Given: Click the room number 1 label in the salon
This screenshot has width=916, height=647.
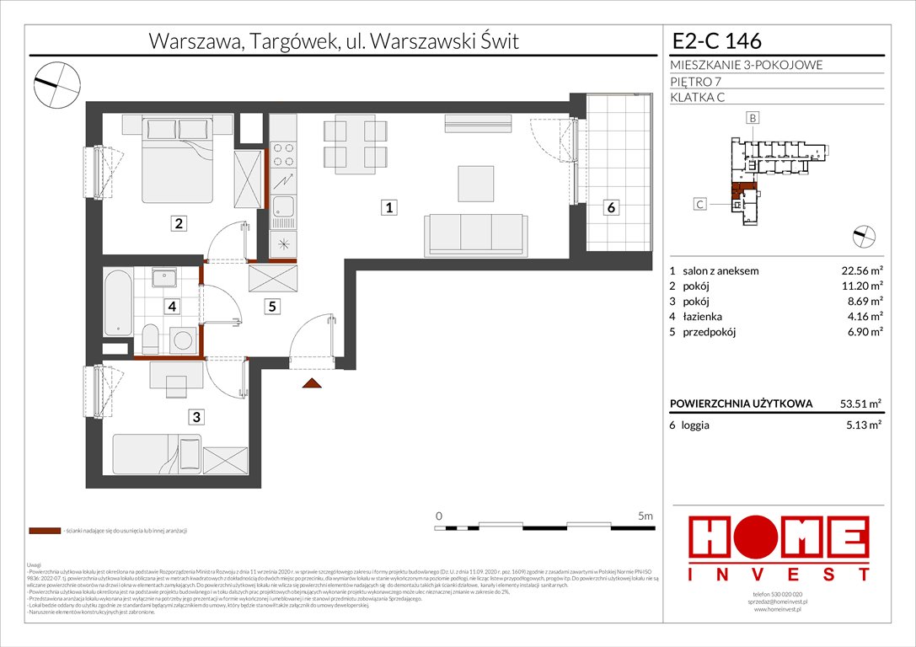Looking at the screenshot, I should coord(388,207).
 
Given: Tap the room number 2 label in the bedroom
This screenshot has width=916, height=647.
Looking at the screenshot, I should coord(178,223).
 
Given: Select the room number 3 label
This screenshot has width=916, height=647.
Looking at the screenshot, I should coord(196,415).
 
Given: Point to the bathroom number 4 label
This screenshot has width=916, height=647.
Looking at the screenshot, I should coord(172,307).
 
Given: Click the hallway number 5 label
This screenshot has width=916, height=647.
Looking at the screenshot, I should coord(272,307).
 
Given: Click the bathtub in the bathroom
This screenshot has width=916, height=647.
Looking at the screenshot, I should coord(117,301).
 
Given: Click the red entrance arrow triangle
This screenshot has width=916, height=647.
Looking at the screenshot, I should coord(312,384).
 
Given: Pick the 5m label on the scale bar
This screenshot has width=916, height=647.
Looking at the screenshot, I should coord(646,515).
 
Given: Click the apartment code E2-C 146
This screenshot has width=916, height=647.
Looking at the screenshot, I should coord(717,40).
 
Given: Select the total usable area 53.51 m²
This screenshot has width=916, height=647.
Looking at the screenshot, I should coord(859,404).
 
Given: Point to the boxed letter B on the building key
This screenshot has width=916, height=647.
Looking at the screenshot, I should coord(752,119).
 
